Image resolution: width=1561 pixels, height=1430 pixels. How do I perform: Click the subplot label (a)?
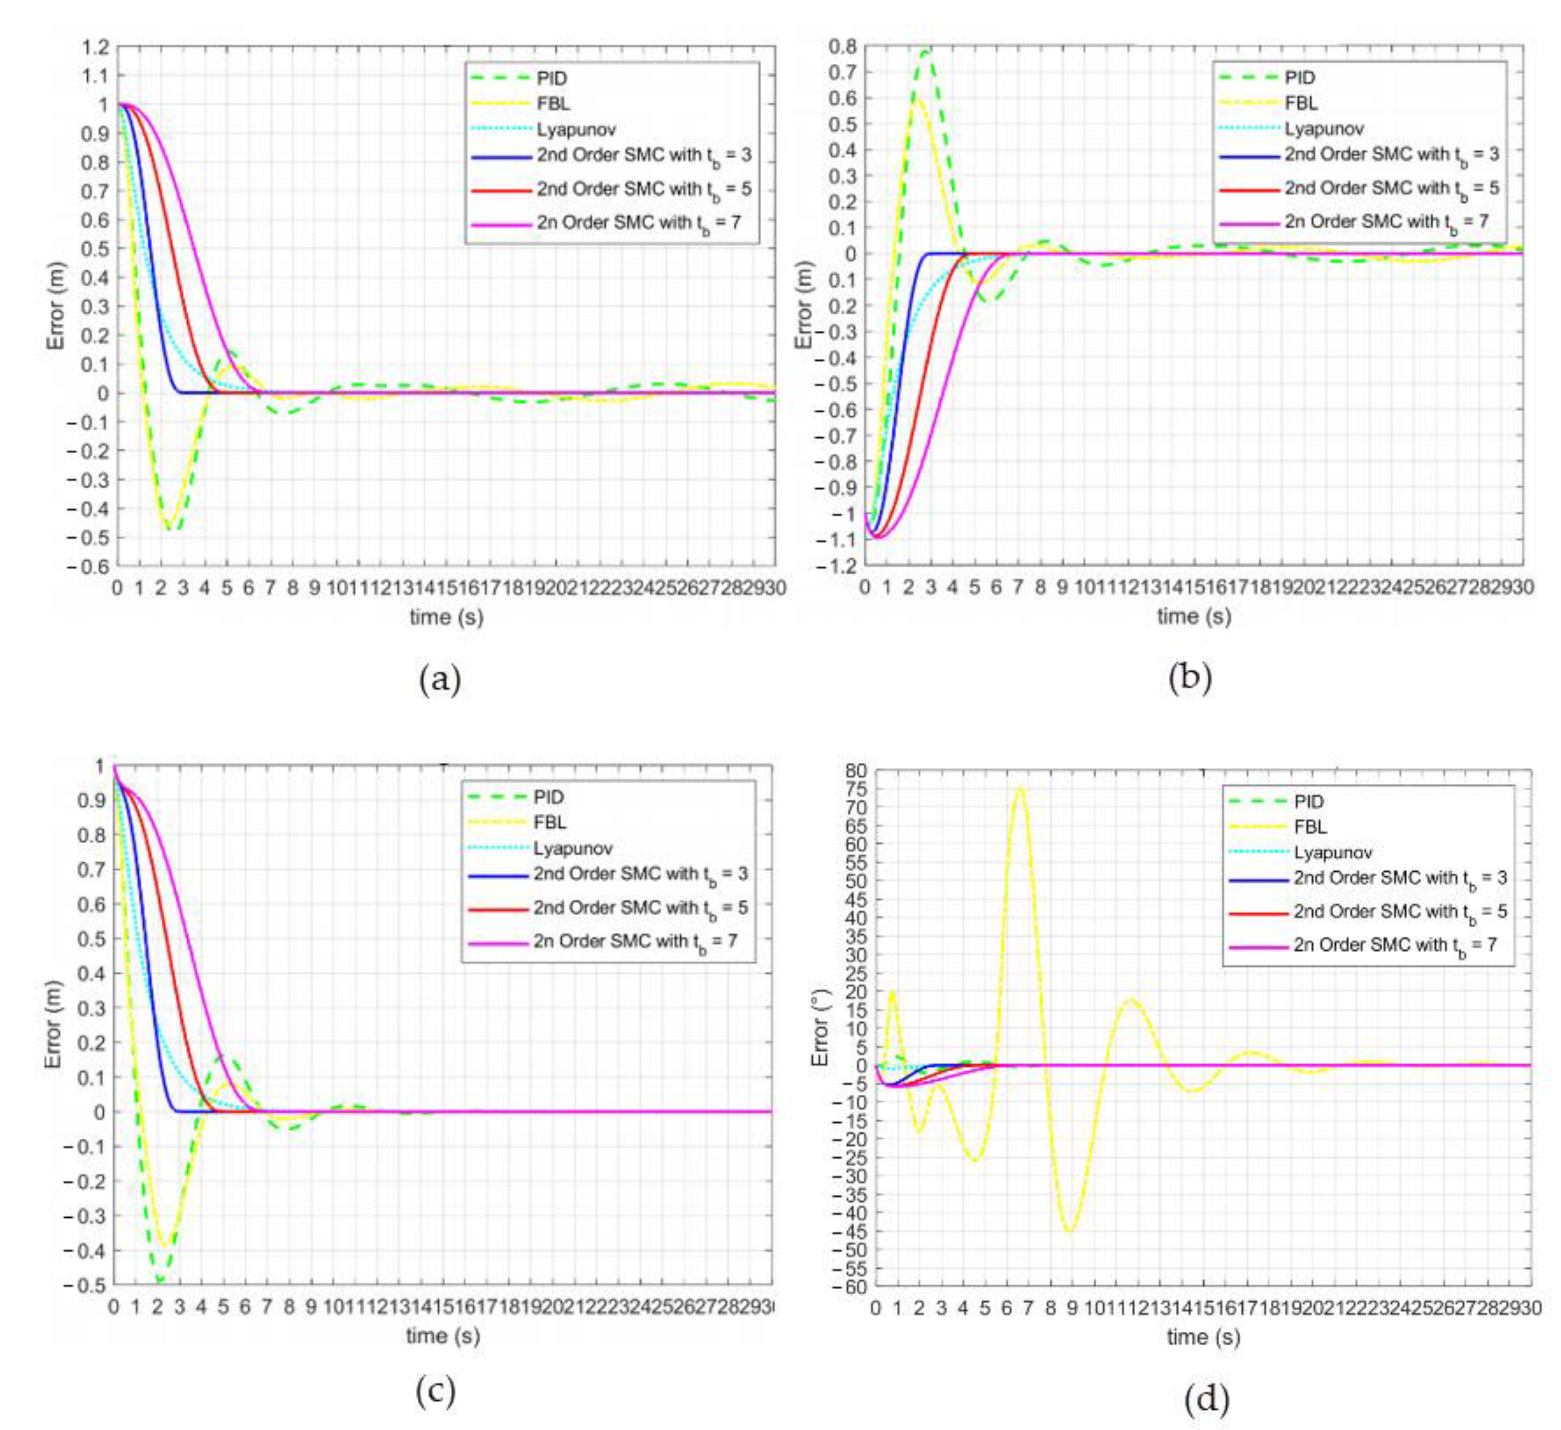pos(440,679)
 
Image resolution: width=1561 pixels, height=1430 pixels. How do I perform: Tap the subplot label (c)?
pos(435,1391)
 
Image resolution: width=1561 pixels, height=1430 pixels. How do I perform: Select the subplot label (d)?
pos(1206,1397)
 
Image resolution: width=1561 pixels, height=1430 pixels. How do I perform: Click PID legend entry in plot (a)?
pos(552,78)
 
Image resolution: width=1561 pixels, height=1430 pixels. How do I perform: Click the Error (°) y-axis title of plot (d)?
pos(820,1026)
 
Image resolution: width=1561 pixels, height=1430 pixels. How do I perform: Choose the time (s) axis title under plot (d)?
pos(1202,1336)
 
